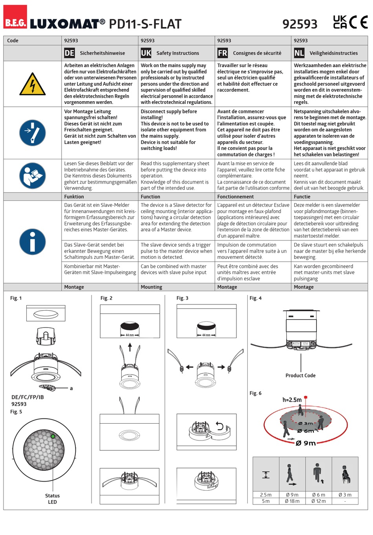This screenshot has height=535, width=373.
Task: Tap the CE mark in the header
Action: (x=358, y=22)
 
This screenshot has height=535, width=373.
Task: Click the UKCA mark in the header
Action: (x=340, y=22)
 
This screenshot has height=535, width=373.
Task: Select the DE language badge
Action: (x=69, y=53)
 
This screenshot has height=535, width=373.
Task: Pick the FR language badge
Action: (x=222, y=53)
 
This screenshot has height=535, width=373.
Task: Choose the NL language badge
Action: (x=299, y=53)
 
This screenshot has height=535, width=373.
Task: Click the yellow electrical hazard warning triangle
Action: (x=33, y=84)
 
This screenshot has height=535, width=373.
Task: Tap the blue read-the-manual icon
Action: (x=33, y=175)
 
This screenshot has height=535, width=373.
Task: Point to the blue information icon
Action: (x=33, y=242)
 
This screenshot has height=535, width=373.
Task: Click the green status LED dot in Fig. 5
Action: (x=53, y=436)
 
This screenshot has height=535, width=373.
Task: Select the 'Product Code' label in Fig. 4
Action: (x=300, y=375)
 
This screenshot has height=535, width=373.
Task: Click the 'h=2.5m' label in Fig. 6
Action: (x=292, y=400)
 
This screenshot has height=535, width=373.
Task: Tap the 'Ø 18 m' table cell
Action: (x=292, y=501)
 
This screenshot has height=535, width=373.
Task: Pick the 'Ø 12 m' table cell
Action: (x=318, y=501)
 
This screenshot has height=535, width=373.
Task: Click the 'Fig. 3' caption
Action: (x=182, y=298)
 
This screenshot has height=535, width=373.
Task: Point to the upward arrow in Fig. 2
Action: (x=130, y=347)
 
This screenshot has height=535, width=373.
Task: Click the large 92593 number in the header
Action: (x=300, y=24)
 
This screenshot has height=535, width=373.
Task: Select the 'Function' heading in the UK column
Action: (x=150, y=197)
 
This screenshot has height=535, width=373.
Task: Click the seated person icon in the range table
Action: (x=345, y=473)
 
